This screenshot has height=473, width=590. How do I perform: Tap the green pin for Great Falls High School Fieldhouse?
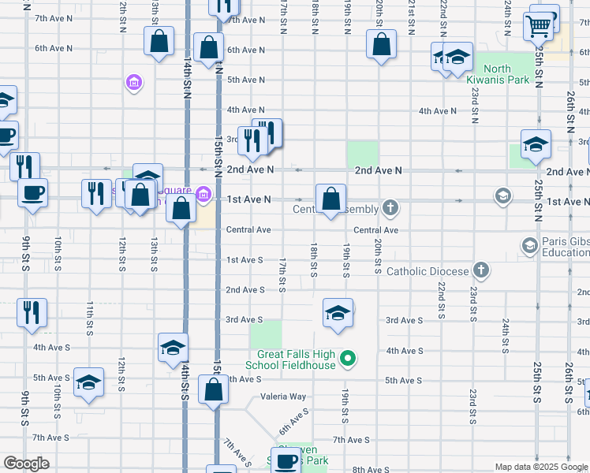point(348,361)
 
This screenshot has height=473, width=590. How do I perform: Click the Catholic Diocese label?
point(428,271)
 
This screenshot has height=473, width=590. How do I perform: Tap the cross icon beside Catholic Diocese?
point(480,271)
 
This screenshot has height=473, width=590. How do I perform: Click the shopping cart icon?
point(538,26)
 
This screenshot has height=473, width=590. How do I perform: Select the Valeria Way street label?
point(282,397)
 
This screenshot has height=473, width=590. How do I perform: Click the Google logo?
point(25,464)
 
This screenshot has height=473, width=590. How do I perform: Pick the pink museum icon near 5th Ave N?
point(133,82)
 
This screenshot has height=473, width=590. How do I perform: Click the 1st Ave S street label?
point(245,259)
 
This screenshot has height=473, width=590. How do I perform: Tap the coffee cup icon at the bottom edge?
point(286,460)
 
